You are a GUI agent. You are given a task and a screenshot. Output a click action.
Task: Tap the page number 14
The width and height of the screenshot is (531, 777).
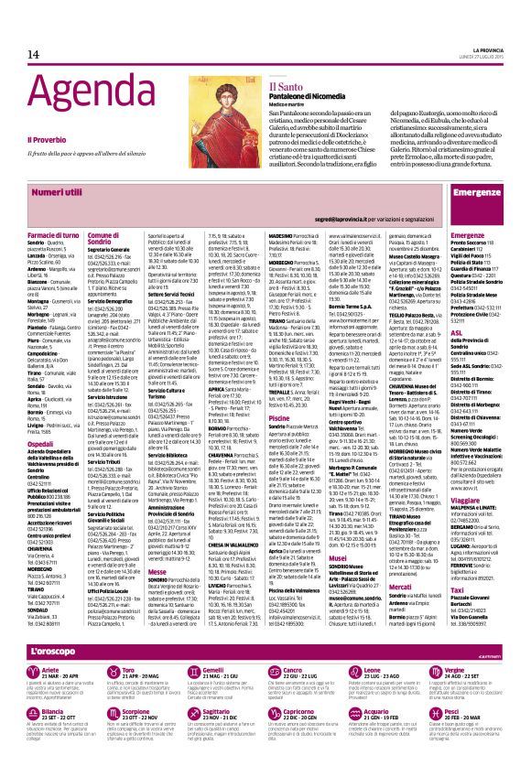click(x=34, y=55)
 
